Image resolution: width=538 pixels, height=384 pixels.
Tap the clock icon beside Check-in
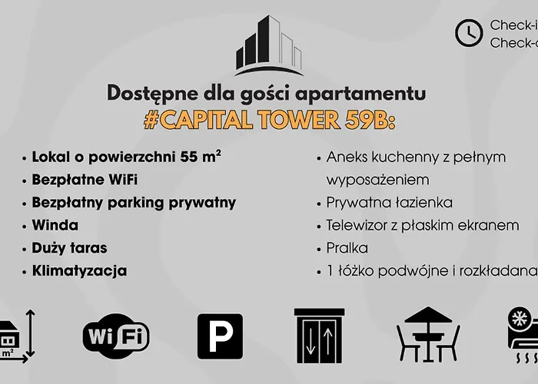468,31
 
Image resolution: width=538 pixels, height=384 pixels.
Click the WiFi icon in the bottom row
116,336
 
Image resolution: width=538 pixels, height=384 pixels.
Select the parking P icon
220,336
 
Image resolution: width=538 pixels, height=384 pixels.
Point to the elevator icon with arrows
316,336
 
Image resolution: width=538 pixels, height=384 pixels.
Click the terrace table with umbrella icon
427,336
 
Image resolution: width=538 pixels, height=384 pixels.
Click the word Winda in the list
55,226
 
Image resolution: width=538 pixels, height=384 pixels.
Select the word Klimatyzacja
80,271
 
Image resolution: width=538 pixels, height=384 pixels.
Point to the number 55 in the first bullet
190,158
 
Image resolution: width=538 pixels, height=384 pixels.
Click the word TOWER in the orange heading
297,120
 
